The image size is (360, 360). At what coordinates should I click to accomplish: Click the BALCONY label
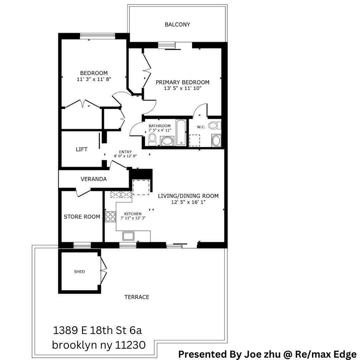(177, 24)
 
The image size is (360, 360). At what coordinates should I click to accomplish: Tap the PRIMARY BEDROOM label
(182, 82)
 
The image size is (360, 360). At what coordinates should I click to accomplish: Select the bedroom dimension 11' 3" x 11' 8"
(94, 79)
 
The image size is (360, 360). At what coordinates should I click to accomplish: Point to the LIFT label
(82, 149)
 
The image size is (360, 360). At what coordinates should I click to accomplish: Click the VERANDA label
(94, 179)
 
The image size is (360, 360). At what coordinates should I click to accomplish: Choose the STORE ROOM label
(82, 217)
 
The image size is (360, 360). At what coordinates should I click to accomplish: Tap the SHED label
(79, 272)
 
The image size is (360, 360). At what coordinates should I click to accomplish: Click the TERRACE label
(137, 297)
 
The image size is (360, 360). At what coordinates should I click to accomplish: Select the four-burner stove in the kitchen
(110, 217)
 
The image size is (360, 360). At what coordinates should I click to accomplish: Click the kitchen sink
(128, 236)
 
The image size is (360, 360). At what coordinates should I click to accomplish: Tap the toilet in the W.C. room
(214, 126)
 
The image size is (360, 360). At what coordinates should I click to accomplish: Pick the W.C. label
(201, 127)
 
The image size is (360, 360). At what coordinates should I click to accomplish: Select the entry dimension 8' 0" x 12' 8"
(126, 156)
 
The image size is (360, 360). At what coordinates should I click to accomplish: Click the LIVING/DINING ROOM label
(188, 196)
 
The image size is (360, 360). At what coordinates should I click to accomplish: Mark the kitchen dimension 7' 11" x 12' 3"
(133, 218)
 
